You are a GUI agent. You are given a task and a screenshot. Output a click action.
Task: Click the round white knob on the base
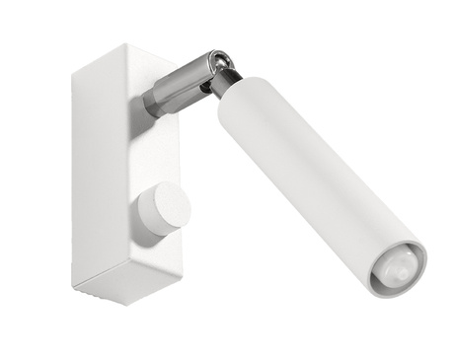click(x=162, y=209)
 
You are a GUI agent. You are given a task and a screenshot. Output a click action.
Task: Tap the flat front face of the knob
click(x=167, y=207)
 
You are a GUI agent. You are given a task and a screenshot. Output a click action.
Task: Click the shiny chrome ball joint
click(x=223, y=65)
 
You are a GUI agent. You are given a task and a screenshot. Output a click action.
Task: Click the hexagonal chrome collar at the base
click(x=158, y=98)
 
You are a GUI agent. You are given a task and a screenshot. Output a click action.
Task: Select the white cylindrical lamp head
click(x=306, y=178)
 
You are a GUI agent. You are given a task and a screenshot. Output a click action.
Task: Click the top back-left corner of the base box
click(x=74, y=64)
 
